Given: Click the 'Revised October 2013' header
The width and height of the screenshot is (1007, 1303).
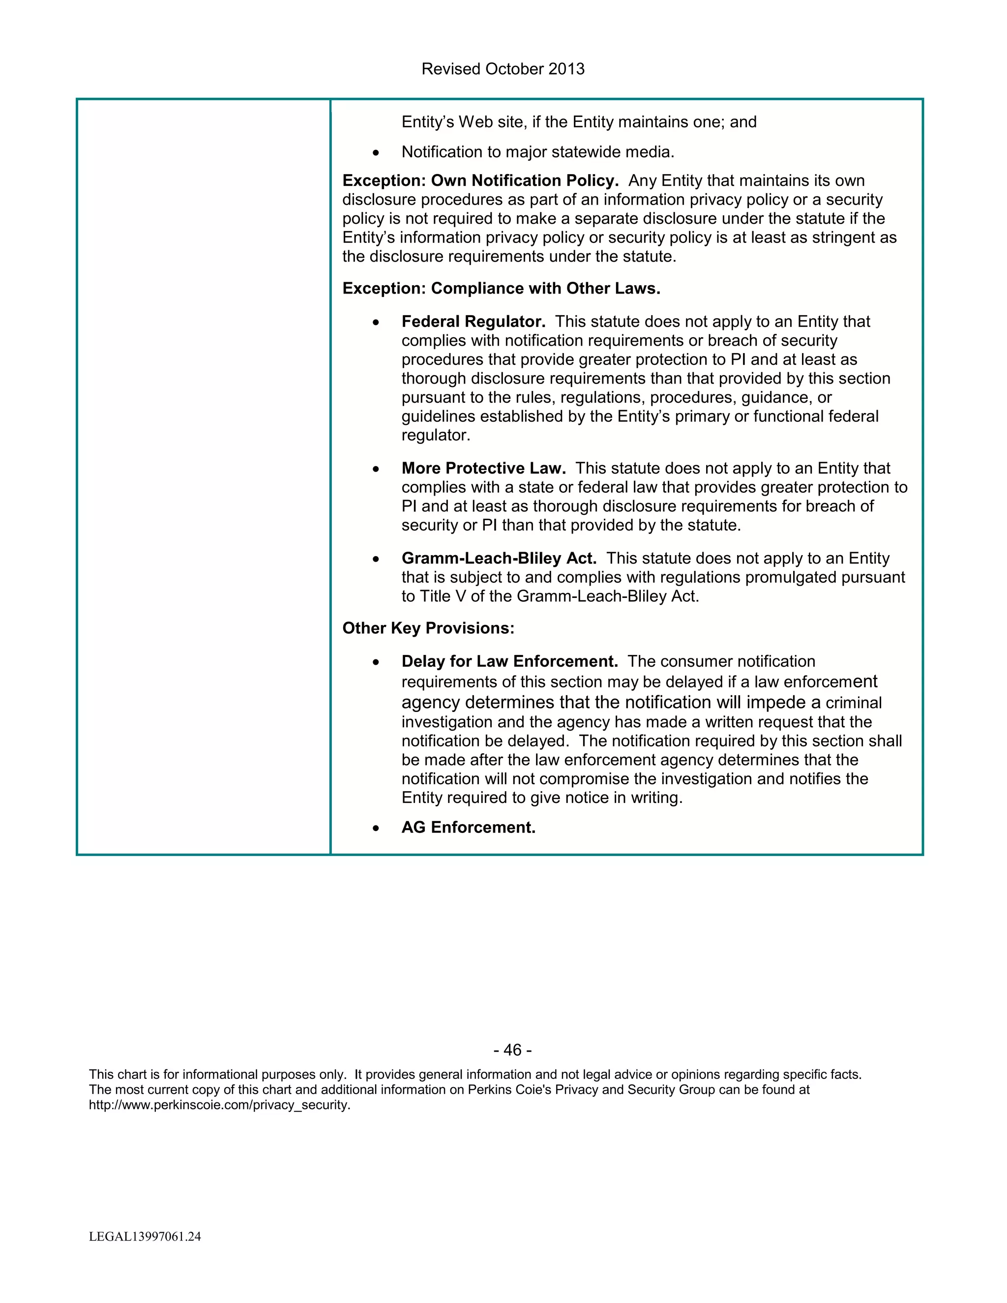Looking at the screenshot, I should tap(503, 69).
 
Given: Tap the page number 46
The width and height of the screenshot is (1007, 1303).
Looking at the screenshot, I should tap(512, 1049).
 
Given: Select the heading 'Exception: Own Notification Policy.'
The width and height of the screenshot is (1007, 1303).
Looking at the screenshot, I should tap(480, 181).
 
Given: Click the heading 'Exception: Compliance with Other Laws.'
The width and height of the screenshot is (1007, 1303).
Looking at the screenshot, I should tap(501, 289).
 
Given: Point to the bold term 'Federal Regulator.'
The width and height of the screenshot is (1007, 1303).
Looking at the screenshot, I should tap(473, 322).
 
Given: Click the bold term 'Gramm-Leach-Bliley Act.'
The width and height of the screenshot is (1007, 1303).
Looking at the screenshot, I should tap(499, 559).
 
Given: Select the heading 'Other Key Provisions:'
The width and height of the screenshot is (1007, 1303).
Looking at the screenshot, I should tap(428, 628).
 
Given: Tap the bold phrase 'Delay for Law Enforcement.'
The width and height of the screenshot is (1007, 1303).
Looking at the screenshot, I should tap(509, 662).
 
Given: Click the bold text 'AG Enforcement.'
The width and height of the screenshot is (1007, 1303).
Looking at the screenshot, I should tap(468, 828).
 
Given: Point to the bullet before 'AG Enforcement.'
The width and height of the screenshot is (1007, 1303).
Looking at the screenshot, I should tap(375, 828).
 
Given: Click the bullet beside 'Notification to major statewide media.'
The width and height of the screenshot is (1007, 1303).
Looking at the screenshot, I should tap(375, 153).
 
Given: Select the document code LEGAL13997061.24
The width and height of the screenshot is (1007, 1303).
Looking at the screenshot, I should tap(145, 1237).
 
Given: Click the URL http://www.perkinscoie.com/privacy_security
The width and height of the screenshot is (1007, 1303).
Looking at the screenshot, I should tap(219, 1105).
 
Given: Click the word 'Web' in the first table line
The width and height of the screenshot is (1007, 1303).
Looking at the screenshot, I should tap(475, 122).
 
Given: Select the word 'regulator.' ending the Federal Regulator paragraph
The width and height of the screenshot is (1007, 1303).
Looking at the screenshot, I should tap(436, 436).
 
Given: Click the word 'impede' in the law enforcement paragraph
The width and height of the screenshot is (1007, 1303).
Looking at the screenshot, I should tap(775, 702).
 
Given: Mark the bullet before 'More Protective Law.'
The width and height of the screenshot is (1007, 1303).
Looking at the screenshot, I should tap(375, 469).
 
